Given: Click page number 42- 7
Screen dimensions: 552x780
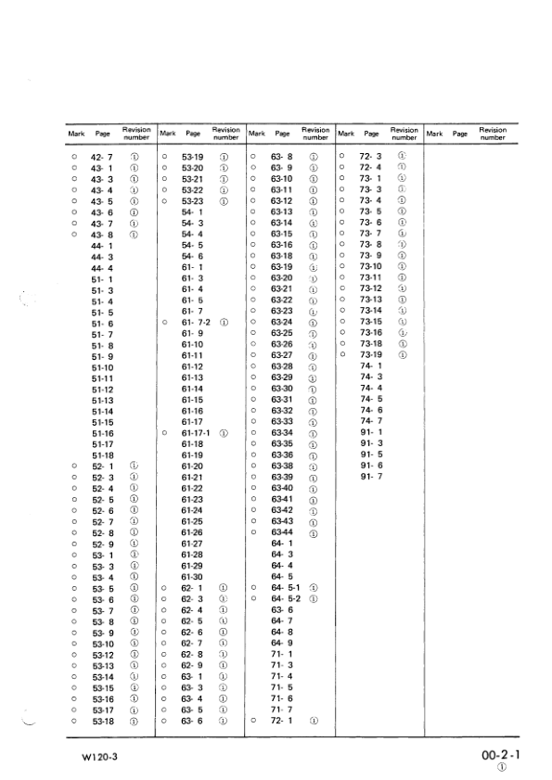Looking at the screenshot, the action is (102, 158).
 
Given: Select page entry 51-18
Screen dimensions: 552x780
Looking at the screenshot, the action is (102, 454).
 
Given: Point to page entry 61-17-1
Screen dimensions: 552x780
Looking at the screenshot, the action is (195, 433).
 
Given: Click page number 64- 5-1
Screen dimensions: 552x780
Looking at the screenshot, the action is (284, 587).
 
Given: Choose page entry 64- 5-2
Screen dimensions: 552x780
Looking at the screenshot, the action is (284, 598).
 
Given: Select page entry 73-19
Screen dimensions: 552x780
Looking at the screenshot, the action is (371, 355).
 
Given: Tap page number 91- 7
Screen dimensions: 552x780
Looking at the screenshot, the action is (371, 477).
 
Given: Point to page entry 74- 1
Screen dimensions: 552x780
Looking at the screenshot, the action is (371, 366).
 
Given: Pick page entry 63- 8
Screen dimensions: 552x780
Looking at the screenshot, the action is (282, 158).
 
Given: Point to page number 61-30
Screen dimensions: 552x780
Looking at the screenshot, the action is (192, 576).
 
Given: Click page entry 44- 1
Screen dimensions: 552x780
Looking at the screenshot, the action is (102, 246).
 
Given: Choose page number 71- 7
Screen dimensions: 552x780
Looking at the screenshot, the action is (282, 709).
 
